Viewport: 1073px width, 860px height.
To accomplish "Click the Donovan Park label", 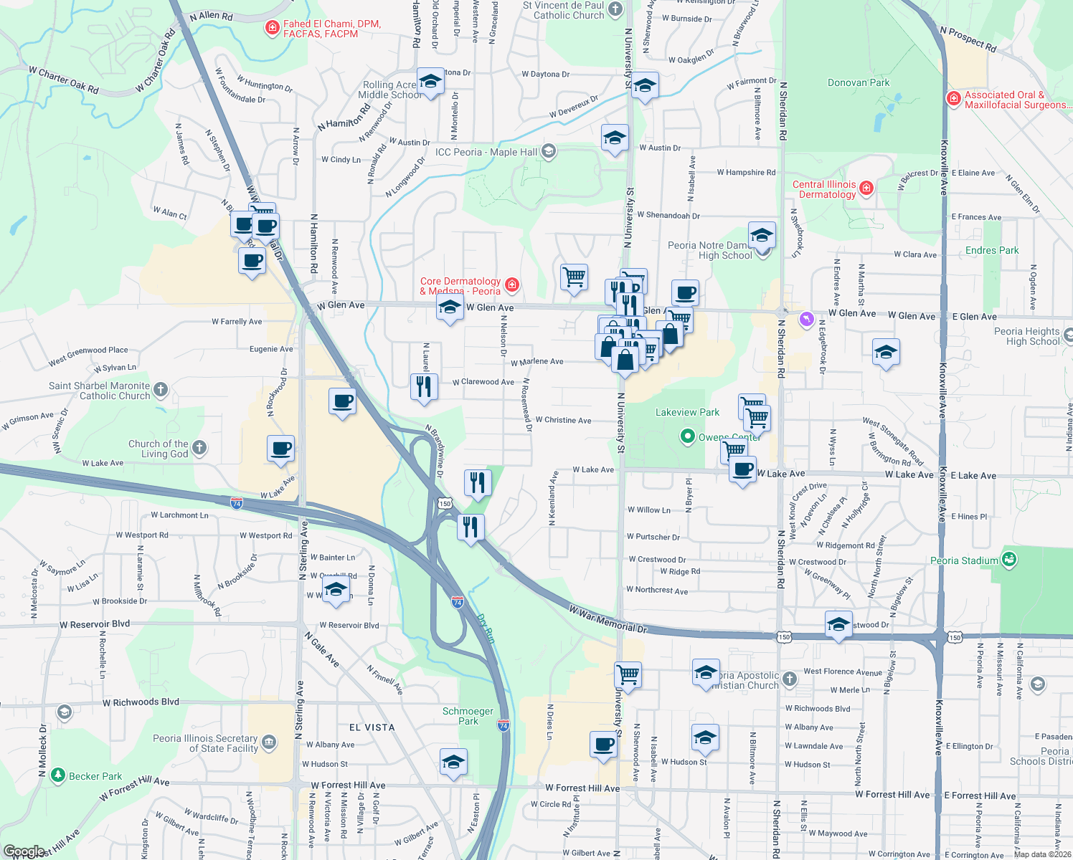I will [x=859, y=82].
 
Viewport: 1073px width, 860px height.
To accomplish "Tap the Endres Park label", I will [x=992, y=250].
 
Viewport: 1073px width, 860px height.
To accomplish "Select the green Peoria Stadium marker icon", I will [x=1009, y=559].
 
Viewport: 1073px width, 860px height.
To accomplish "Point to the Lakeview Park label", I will [x=687, y=412].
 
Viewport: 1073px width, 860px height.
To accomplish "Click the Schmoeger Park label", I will [x=468, y=716].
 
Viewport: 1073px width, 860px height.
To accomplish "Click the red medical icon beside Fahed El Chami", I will [x=272, y=29].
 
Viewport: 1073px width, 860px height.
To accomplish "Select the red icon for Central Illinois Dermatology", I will [x=866, y=188].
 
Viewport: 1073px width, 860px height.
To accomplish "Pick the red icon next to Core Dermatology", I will [x=511, y=285].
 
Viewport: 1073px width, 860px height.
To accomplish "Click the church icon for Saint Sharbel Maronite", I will [x=161, y=390].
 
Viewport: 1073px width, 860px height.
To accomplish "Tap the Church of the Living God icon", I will [x=199, y=448].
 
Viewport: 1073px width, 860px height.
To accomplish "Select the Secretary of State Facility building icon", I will [x=269, y=742].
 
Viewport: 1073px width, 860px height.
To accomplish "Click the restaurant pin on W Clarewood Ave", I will [x=424, y=387].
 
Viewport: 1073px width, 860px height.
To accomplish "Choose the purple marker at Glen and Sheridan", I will [x=807, y=318].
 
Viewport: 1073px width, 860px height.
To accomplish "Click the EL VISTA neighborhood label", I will [x=372, y=727].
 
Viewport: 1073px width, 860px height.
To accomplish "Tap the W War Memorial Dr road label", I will [x=608, y=620].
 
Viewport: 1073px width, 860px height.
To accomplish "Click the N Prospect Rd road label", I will [x=968, y=39].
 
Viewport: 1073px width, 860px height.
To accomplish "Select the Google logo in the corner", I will [x=24, y=852].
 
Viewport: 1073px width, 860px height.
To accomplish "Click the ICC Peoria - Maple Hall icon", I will [x=549, y=151].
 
